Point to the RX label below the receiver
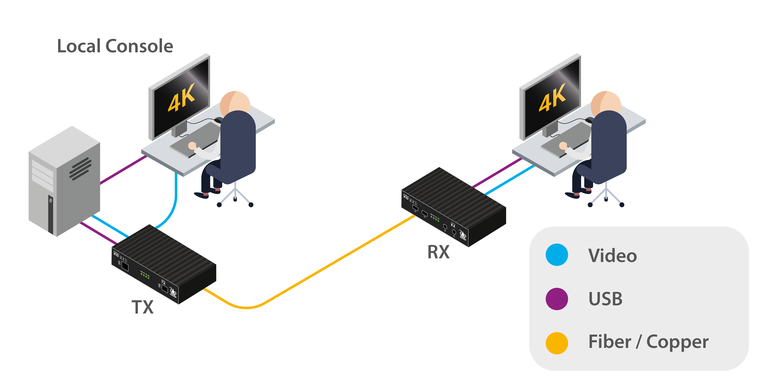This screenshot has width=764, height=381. click(x=438, y=252)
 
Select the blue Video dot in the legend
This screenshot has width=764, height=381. click(x=557, y=255)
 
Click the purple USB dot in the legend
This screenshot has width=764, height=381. click(x=557, y=299)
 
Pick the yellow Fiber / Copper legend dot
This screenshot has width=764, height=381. click(x=557, y=343)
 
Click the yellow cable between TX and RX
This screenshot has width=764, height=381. click(x=326, y=267)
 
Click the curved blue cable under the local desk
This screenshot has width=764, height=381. click(x=173, y=208)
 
